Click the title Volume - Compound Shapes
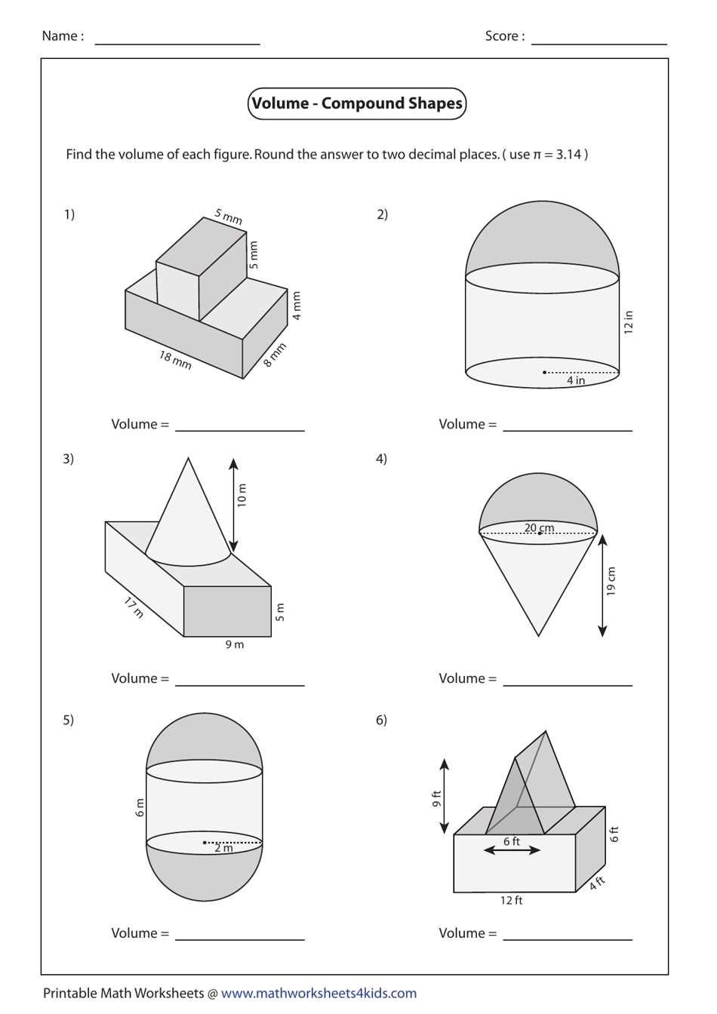coord(357,103)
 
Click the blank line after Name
coord(177,43)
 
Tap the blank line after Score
coord(599,43)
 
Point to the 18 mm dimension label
coord(175,360)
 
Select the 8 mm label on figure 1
coord(275,355)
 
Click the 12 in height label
coord(628,322)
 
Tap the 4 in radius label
coord(576,380)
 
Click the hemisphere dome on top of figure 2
coord(542,234)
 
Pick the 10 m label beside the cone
coord(242,495)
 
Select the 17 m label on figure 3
coord(134,607)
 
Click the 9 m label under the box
coord(235,644)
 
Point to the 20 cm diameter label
coord(539,527)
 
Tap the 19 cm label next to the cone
coord(611,581)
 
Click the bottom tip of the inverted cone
coord(538,635)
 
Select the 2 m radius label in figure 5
coord(223,848)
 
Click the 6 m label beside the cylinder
coord(140,807)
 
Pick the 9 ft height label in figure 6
coord(436,798)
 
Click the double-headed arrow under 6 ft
coord(512,850)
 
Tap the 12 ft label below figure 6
coord(511,900)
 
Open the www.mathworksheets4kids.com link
coord(318,993)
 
